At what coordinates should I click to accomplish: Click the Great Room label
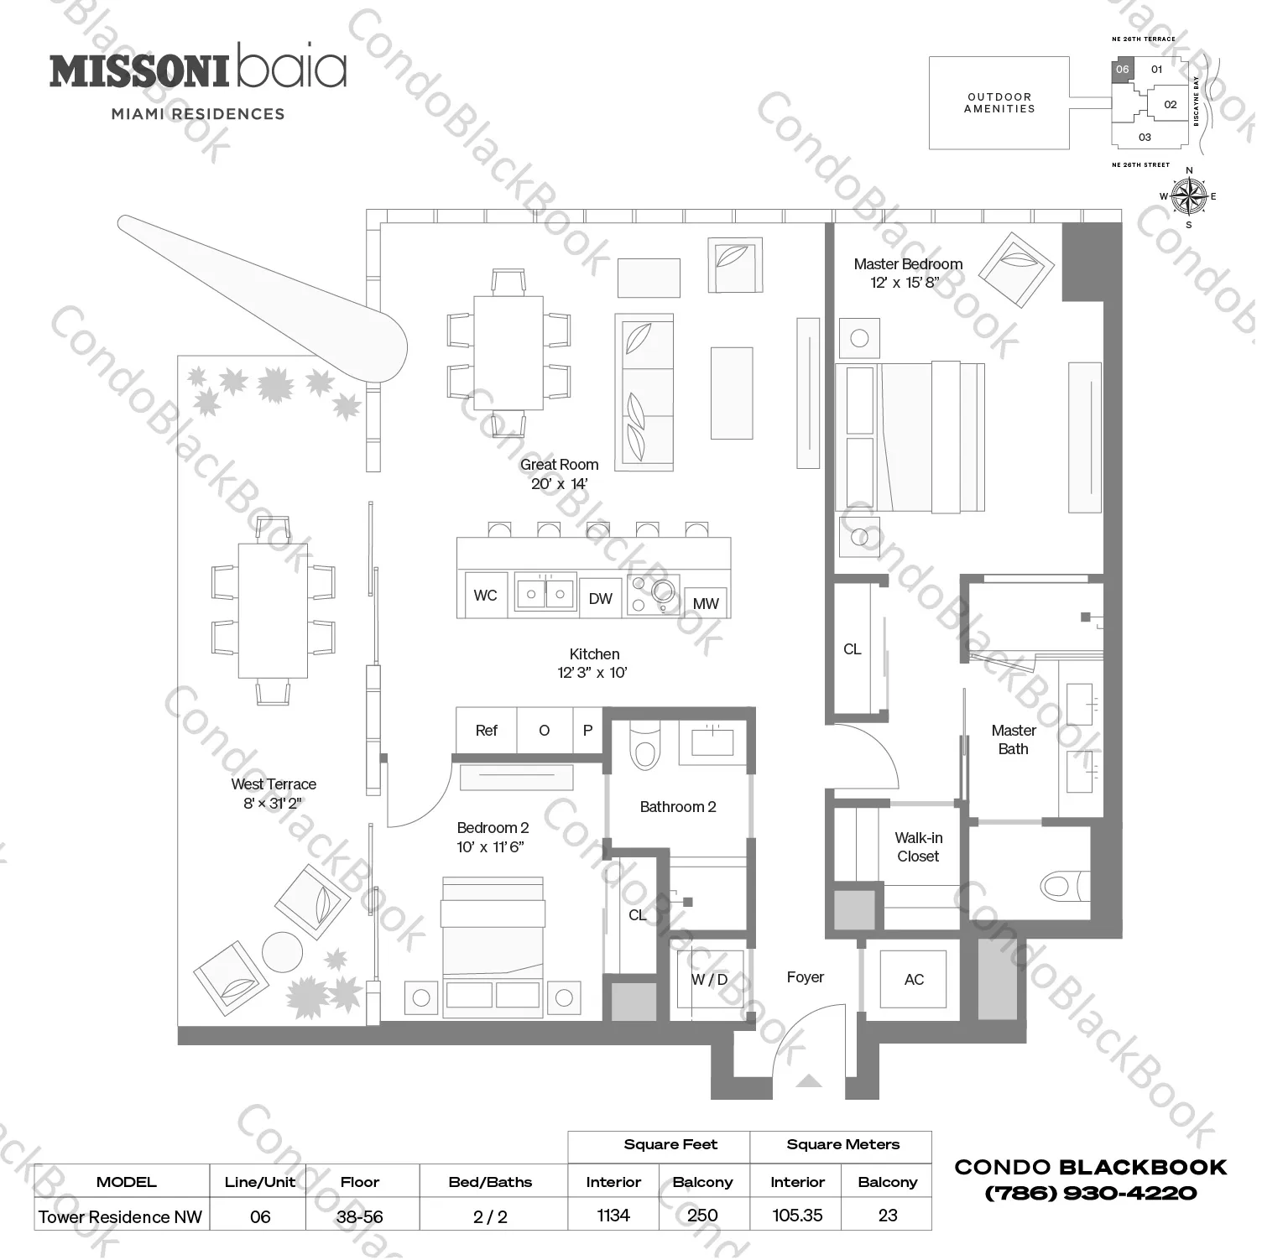point(559,465)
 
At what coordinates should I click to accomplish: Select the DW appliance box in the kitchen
point(600,598)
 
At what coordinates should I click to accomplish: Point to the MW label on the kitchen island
point(706,603)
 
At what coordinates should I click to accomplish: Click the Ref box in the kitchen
point(487,731)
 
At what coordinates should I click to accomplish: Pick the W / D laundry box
point(710,980)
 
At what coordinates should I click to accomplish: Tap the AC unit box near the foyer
point(913,979)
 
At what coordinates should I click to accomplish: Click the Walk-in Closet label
point(918,847)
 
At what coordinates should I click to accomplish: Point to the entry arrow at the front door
point(808,1080)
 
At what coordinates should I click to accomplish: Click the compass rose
point(1188,197)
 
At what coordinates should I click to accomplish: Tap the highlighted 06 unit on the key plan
point(1123,70)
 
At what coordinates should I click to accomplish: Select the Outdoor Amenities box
point(999,103)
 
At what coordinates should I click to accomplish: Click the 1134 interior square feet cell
point(613,1216)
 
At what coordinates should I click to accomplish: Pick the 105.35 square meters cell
point(797,1216)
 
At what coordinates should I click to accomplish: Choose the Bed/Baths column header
point(490,1182)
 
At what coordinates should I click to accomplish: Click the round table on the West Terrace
point(282,952)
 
